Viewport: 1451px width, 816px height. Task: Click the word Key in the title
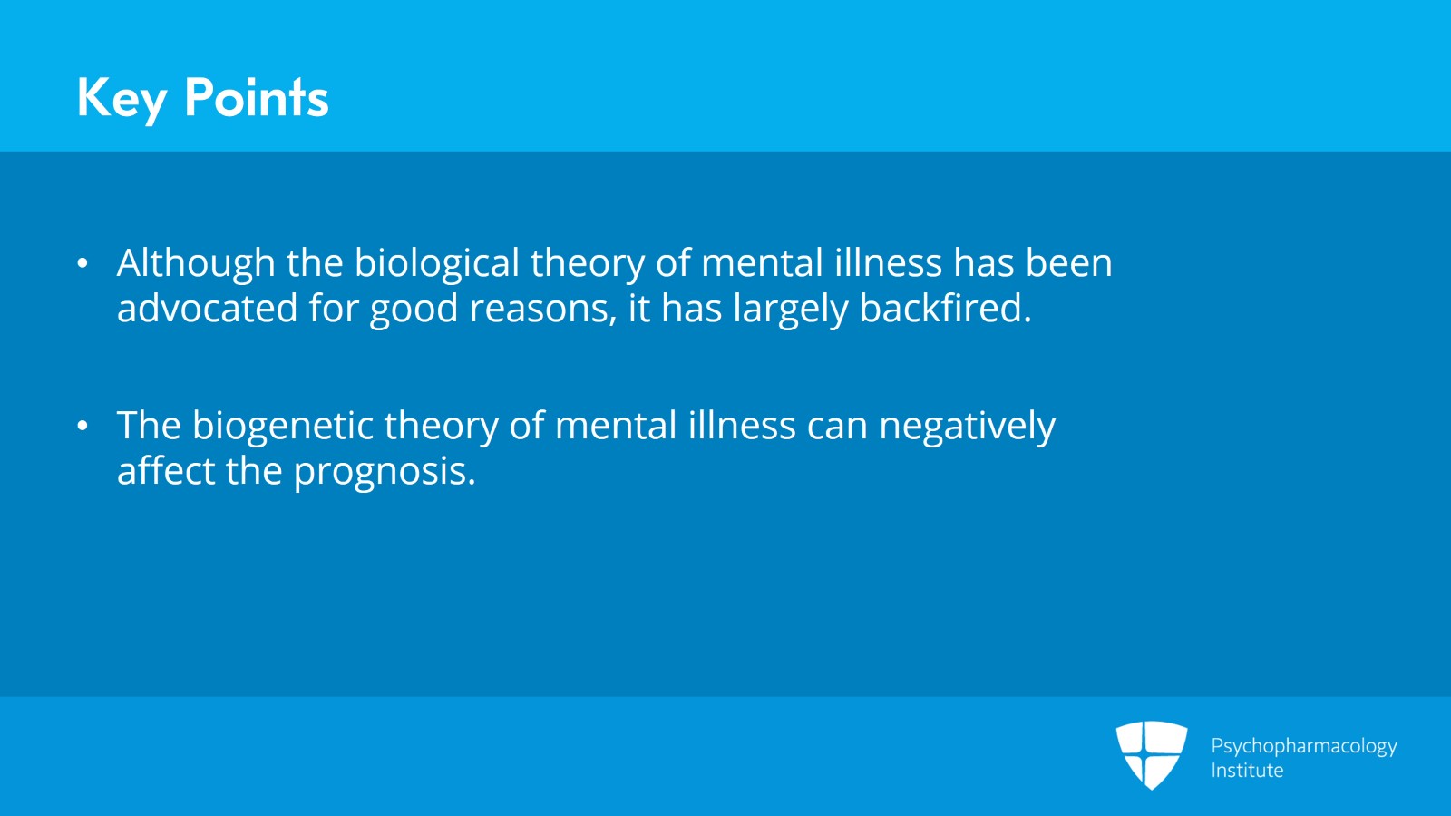122,98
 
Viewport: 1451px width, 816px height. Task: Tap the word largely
790,309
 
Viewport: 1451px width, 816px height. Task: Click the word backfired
945,309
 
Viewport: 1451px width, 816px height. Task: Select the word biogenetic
282,426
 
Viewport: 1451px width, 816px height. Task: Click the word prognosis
385,471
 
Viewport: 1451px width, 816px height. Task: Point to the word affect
165,471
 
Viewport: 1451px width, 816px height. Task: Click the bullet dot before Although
83,264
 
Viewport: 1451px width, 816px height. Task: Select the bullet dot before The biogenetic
83,426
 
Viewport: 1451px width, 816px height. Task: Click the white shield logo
1151,753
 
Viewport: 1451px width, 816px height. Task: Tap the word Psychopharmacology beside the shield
1303,746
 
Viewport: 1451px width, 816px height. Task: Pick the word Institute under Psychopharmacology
1247,771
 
